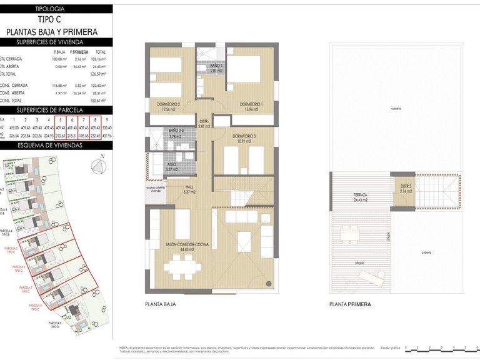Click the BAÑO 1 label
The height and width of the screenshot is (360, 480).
click(x=216, y=68)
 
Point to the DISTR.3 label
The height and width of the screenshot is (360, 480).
click(x=406, y=188)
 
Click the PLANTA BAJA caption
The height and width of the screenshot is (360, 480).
click(x=160, y=304)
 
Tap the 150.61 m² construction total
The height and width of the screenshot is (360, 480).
click(x=97, y=100)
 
